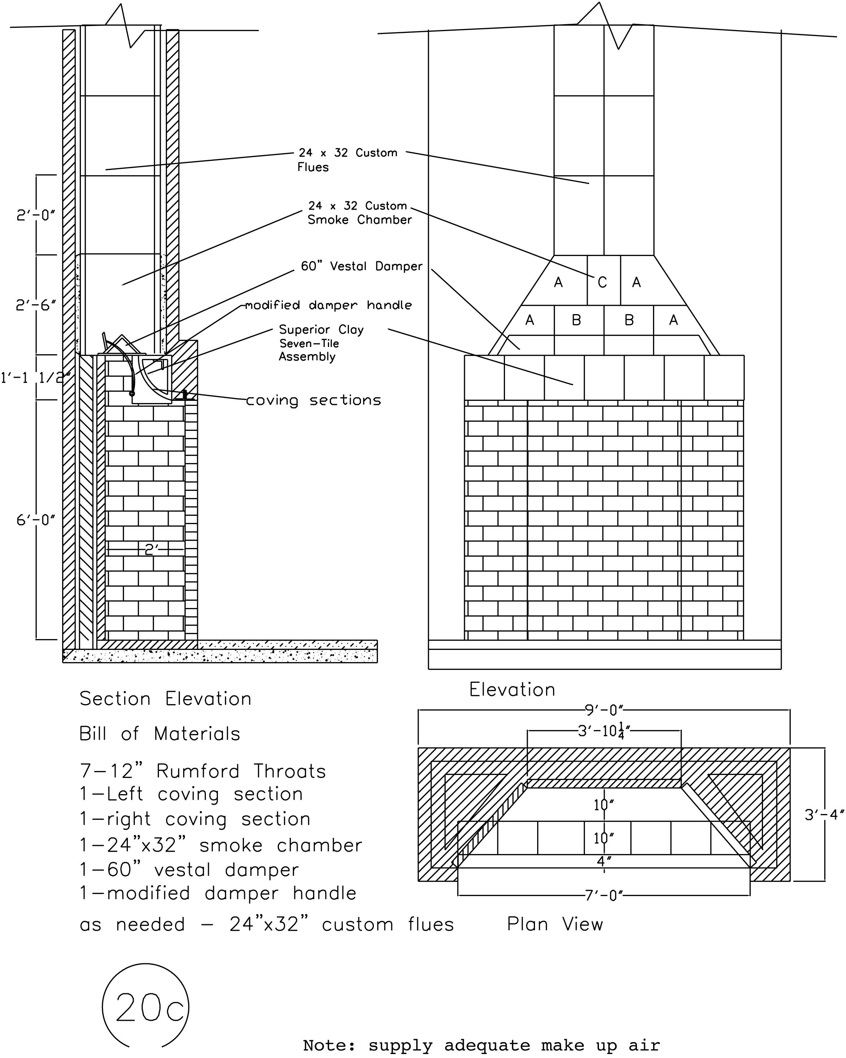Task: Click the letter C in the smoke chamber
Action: [602, 282]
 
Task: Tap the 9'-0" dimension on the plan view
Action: [604, 710]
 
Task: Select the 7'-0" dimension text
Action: [604, 896]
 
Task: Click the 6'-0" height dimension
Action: [35, 520]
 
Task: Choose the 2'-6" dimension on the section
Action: [35, 305]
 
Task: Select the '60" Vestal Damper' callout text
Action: [362, 266]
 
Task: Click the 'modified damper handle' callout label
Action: [328, 305]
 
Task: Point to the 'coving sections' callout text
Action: [313, 401]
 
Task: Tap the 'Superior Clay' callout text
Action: [321, 329]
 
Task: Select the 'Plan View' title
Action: [555, 925]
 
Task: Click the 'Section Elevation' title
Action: [165, 699]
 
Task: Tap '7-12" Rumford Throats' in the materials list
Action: [203, 771]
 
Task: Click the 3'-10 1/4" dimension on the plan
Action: [604, 732]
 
